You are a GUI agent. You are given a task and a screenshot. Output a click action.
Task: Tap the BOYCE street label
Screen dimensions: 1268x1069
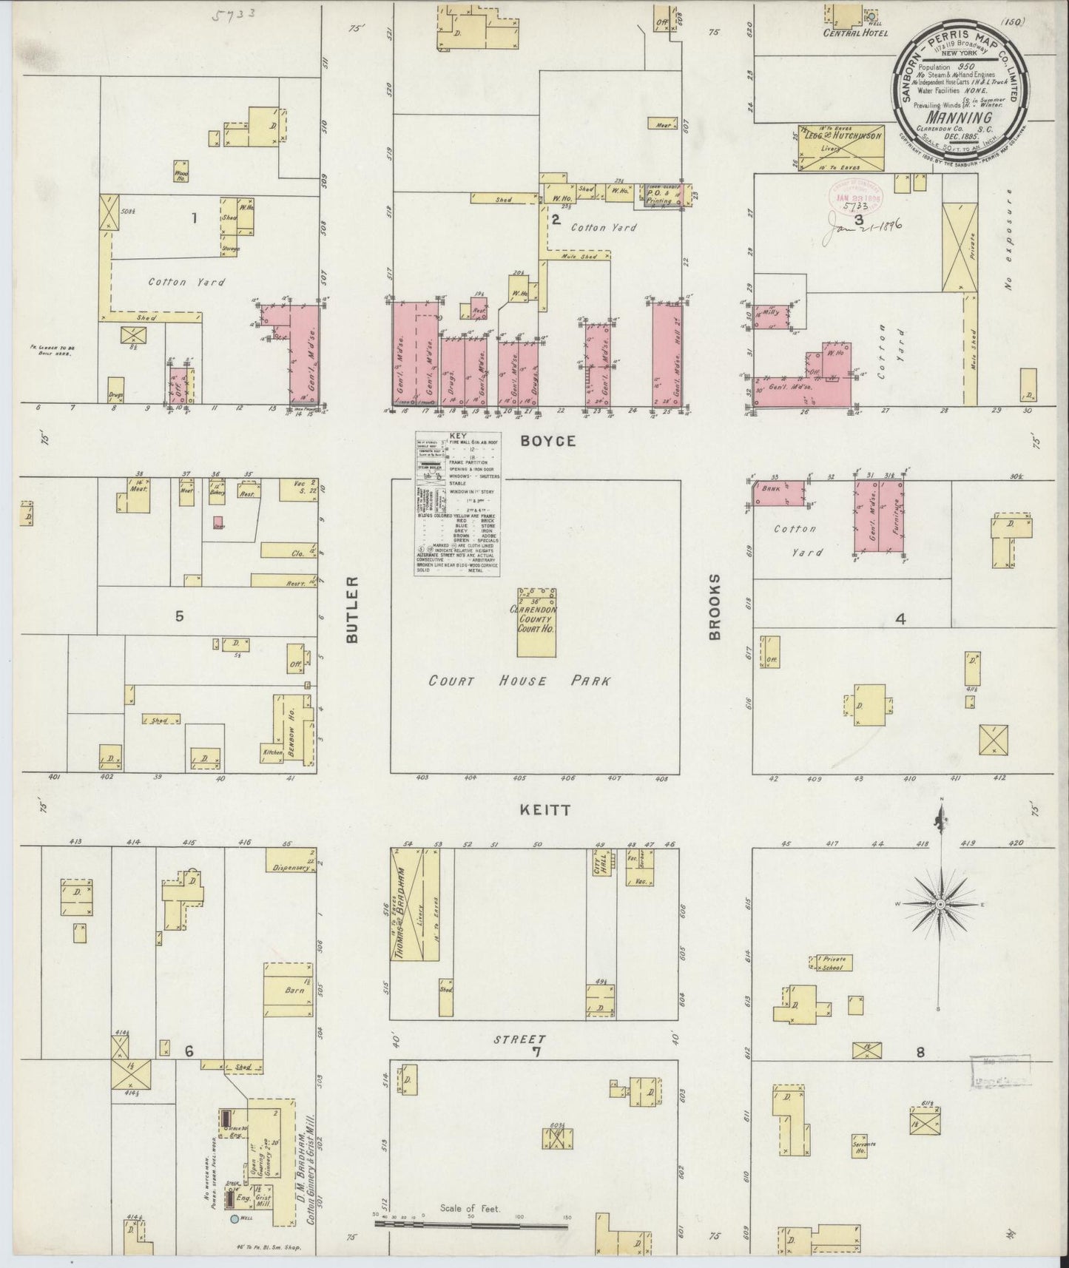click(547, 441)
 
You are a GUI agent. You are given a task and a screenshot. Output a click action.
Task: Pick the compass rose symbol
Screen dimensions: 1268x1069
click(940, 904)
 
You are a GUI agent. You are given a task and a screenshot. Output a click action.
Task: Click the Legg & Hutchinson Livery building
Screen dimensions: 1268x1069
click(840, 148)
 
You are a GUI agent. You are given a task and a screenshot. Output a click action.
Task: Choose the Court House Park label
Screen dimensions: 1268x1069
click(519, 681)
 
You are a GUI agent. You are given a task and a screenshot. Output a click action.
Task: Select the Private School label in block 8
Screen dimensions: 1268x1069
click(834, 962)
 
